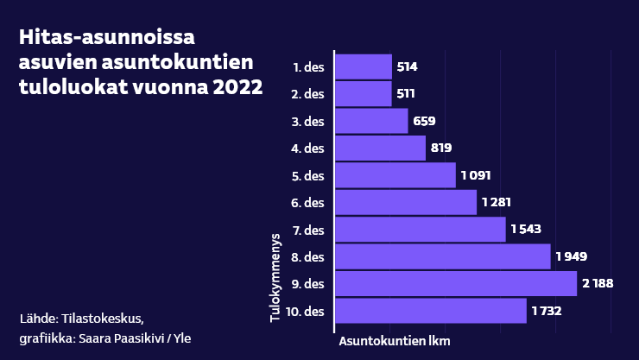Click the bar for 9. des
455,284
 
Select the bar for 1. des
363,66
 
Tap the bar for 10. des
430,311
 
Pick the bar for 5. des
395,175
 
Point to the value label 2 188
598,284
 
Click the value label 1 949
572,256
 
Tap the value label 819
441,148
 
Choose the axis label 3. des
308,122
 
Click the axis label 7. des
308,230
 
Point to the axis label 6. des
308,203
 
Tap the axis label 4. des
308,148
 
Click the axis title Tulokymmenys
275,276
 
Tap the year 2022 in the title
235,88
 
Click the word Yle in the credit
181,338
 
